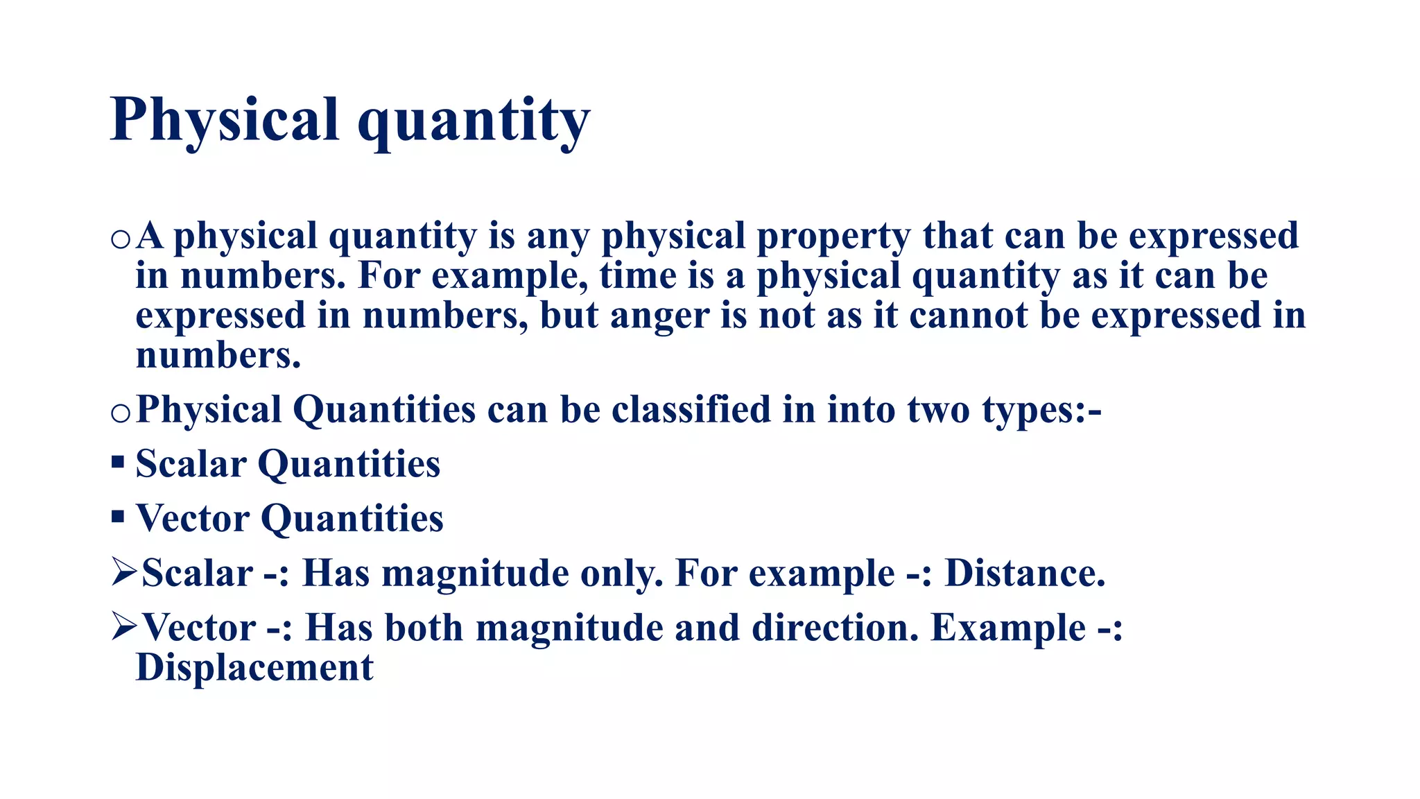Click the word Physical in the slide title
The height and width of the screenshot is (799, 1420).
pyautogui.click(x=224, y=119)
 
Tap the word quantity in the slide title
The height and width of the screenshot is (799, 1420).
pyautogui.click(x=474, y=121)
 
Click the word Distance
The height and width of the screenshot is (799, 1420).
pyautogui.click(x=1024, y=574)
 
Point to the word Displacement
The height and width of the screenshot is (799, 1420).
pyautogui.click(x=254, y=668)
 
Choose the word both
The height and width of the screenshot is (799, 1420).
pyautogui.click(x=424, y=628)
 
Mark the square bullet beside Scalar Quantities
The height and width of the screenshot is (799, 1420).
pyautogui.click(x=117, y=462)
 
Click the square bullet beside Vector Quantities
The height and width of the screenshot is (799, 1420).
pyautogui.click(x=117, y=516)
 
